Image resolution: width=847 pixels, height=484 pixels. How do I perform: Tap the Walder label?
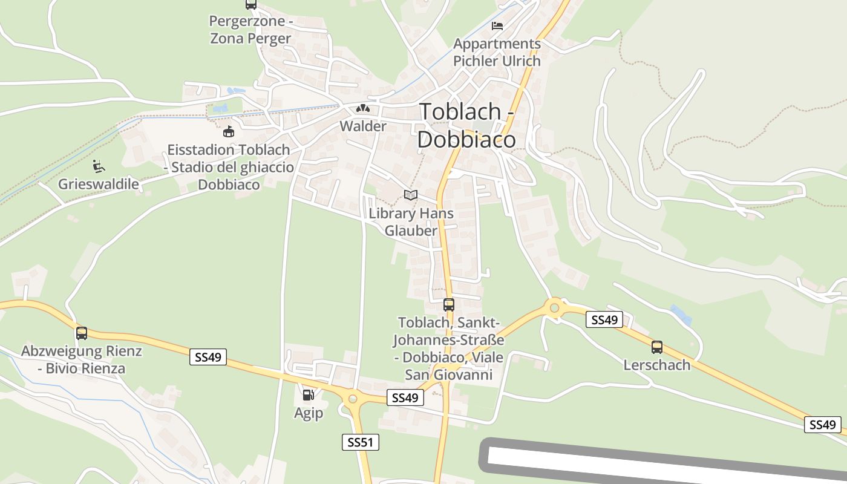(363, 126)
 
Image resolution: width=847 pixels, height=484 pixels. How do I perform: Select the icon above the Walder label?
(363, 109)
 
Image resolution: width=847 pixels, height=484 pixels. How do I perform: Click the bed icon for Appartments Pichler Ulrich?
(497, 26)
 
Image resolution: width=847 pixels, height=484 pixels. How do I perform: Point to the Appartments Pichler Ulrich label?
(497, 53)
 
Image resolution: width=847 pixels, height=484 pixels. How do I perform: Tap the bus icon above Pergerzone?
(250, 4)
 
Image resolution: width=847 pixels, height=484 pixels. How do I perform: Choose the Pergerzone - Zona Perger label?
(250, 30)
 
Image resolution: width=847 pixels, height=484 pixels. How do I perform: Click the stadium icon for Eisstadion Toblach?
(229, 131)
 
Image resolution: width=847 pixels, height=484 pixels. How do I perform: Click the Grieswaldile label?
(99, 184)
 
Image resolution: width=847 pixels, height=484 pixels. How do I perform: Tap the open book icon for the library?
(411, 195)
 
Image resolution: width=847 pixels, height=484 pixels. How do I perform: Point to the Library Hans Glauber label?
(411, 222)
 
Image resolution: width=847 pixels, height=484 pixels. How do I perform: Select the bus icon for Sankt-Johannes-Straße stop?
(448, 304)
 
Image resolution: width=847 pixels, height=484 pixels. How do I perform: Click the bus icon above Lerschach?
(656, 347)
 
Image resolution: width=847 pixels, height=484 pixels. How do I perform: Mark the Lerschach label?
(656, 365)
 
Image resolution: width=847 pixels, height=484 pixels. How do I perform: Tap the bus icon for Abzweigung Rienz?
(82, 333)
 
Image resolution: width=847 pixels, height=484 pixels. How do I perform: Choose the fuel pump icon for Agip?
(308, 396)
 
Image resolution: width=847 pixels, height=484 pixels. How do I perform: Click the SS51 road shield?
(360, 442)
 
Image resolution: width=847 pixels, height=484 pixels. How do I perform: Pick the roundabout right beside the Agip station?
(352, 398)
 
